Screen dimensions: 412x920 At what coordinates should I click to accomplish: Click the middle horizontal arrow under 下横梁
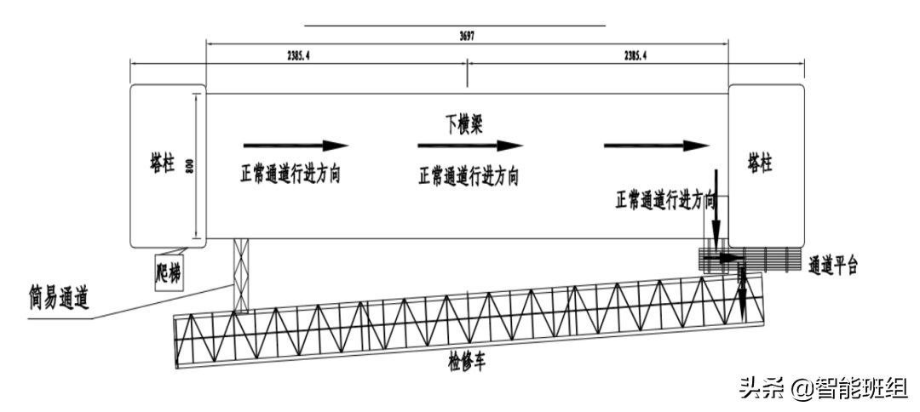pos(469,146)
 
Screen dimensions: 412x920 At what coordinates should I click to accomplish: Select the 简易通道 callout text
pos(59,298)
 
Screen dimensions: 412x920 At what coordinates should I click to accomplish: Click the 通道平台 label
pos(832,265)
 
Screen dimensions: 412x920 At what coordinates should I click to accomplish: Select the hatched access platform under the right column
pos(750,259)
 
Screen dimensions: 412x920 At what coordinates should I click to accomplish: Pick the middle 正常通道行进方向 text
pos(469,176)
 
